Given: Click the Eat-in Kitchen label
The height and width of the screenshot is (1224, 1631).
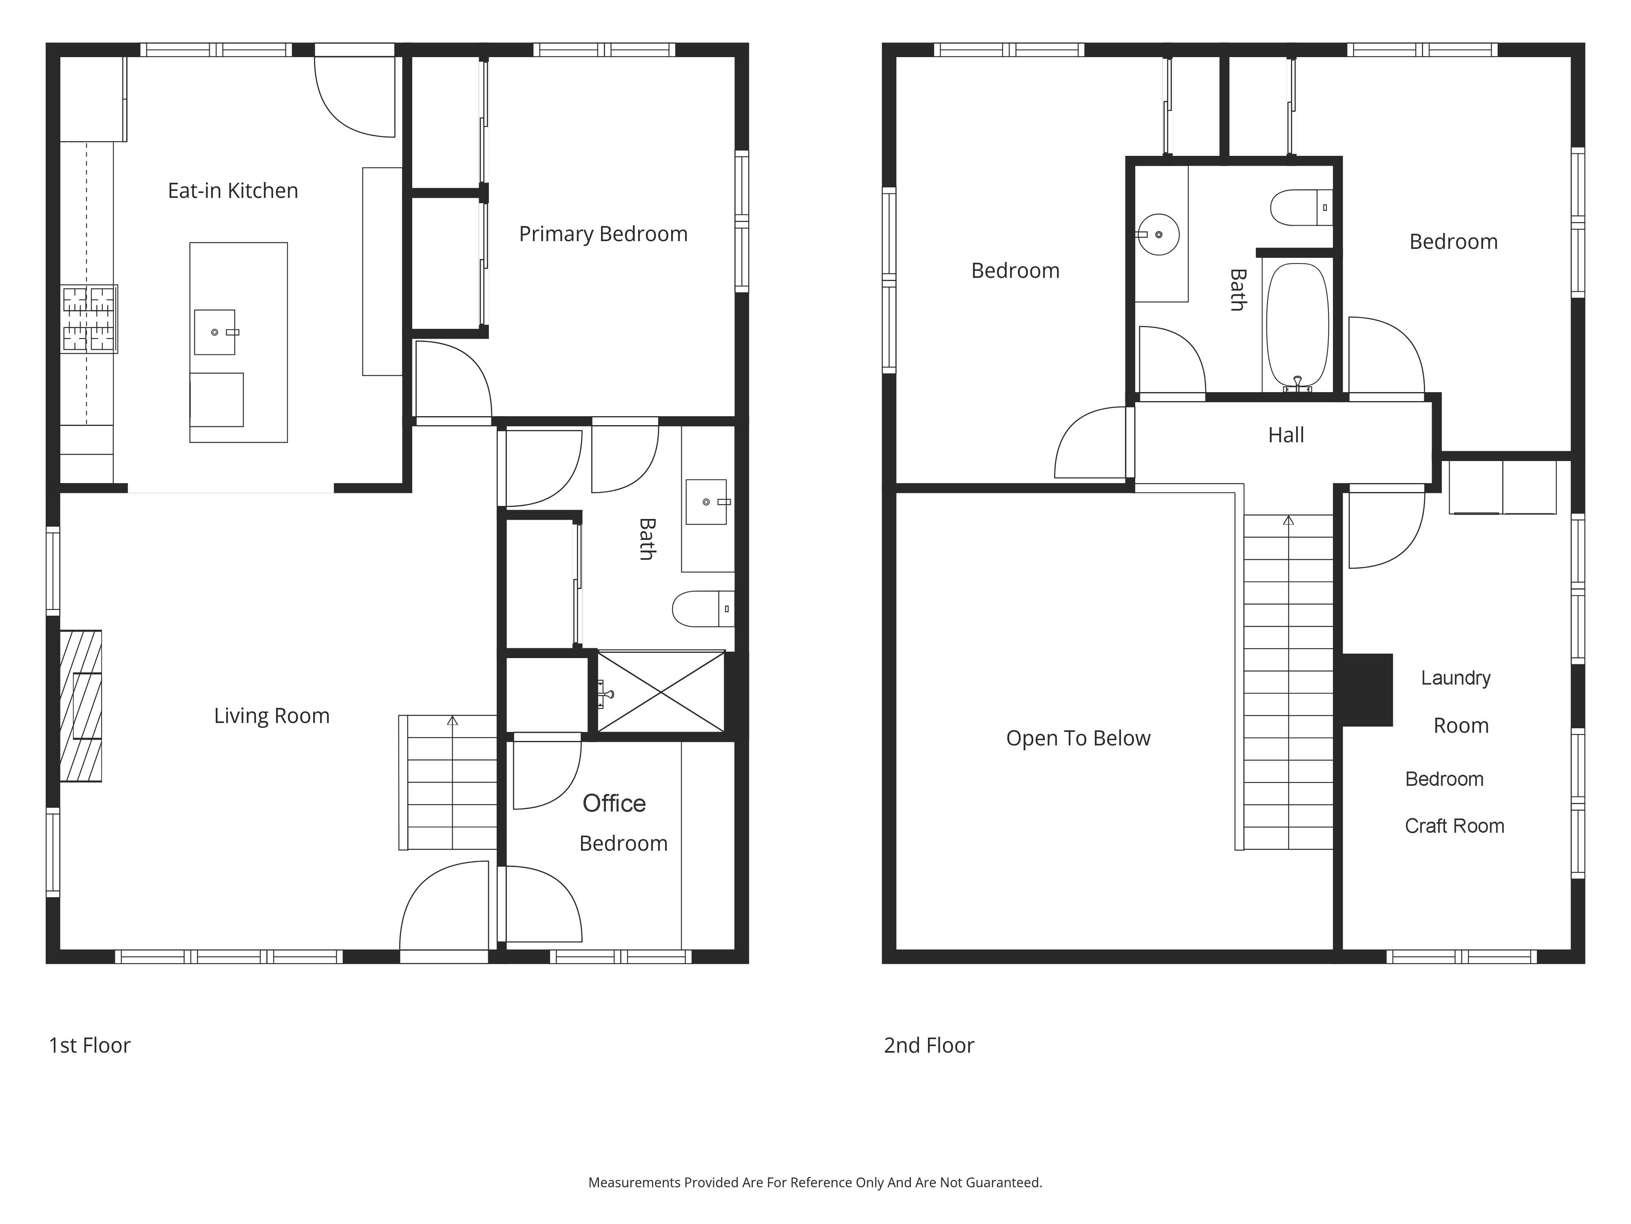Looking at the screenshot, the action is pos(233,191).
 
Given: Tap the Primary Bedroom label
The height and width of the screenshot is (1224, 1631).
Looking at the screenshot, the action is pos(603,234).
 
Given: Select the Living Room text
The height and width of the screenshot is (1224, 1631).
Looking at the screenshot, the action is pos(271,716).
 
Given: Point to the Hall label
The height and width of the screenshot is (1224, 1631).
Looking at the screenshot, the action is pos(1286,435).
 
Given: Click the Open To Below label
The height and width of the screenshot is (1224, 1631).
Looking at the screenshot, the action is pos(1078,738).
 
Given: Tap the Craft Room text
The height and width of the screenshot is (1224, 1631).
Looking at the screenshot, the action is pos(1454,826).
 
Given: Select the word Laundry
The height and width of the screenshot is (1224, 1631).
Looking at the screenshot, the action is pos(1456,678).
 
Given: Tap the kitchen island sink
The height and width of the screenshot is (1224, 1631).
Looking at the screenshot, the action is pos(214,332).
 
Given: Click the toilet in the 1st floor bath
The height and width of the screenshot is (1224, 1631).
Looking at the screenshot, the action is pos(703,609).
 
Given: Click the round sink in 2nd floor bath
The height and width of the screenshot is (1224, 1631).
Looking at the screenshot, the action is pos(1158,235).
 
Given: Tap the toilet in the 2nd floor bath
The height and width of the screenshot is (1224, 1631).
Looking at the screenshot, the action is pos(1302,207).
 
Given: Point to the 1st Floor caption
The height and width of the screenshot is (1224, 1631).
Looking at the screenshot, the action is pos(89,1045).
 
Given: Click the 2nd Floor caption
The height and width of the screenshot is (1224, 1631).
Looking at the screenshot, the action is pos(929,1045).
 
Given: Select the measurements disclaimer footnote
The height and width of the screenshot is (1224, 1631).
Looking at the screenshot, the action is pos(815,1183).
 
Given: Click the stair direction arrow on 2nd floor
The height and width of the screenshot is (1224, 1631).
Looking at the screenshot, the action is pos(1288,520).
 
